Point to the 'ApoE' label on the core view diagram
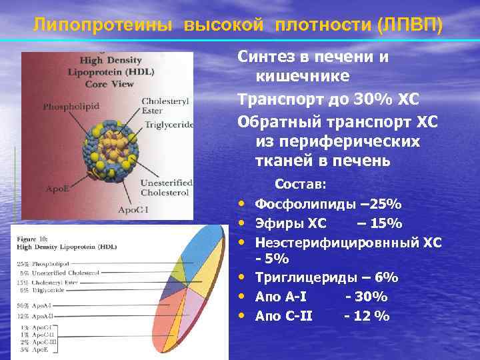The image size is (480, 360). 57,189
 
